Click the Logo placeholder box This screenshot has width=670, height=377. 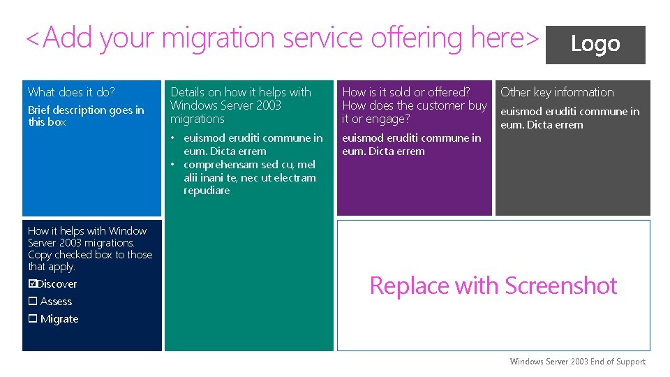tap(595, 44)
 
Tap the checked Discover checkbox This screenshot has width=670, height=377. tap(32, 284)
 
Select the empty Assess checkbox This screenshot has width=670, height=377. tap(32, 302)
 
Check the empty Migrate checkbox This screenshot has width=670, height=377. tap(32, 319)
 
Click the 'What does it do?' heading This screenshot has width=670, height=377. tap(71, 92)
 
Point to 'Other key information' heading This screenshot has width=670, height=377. tap(557, 92)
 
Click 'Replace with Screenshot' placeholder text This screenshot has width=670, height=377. tap(493, 286)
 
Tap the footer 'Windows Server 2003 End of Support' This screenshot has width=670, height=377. tap(577, 362)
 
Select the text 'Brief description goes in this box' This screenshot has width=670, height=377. tap(85, 116)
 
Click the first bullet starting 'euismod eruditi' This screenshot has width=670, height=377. tap(252, 145)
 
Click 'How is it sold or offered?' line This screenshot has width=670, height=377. tap(405, 92)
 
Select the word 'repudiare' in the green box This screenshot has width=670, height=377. tap(207, 191)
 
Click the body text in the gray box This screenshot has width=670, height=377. tap(569, 118)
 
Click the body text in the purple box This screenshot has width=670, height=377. tap(411, 145)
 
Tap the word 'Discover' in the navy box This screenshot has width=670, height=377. tap(57, 284)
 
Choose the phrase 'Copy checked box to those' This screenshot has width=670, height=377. tap(90, 255)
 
